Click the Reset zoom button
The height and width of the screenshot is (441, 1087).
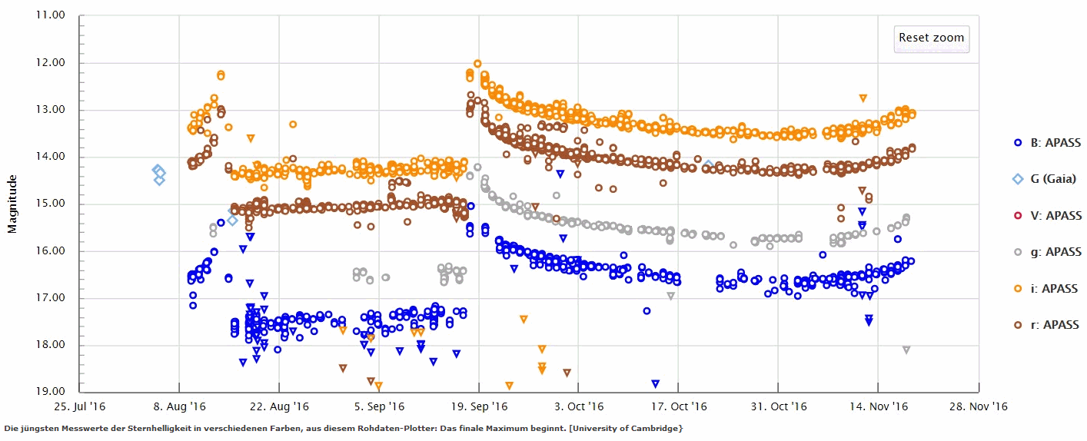click(931, 38)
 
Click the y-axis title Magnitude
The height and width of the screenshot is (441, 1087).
click(12, 204)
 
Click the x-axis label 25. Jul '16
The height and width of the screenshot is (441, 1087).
click(79, 406)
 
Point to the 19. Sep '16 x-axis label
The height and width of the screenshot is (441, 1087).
click(480, 406)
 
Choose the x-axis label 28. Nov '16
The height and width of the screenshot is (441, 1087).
click(979, 406)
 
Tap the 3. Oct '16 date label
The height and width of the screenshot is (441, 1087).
click(580, 406)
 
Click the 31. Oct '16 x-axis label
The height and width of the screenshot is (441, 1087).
click(779, 406)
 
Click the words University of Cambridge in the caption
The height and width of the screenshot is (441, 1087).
click(637, 427)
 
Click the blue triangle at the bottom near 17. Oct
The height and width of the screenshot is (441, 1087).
click(655, 383)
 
